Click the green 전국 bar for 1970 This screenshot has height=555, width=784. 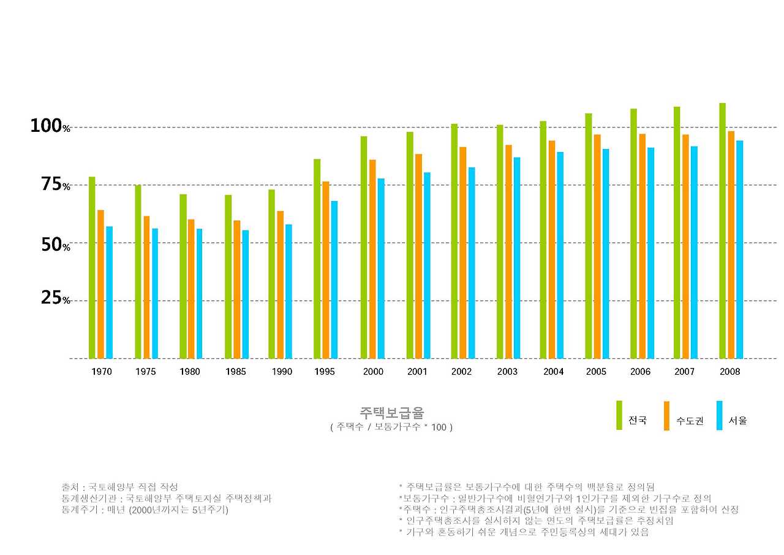92,267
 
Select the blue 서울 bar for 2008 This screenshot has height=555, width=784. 739,250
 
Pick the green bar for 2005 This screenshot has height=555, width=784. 589,236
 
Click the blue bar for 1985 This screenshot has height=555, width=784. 245,294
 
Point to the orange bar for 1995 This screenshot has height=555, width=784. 326,270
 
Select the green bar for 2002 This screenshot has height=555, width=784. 454,241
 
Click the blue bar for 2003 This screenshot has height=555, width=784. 517,258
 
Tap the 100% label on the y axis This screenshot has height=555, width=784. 51,126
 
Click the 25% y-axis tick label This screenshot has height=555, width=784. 55,299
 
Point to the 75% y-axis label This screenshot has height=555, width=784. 55,185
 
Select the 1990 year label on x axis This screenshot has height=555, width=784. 282,372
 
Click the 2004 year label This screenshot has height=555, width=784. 553,372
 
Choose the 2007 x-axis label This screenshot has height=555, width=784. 684,372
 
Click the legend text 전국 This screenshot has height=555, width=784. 637,421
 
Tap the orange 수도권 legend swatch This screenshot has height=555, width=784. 666,416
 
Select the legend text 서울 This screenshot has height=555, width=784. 737,421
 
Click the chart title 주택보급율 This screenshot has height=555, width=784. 391,412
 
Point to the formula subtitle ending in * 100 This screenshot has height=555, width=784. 391,427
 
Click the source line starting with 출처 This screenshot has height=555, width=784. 119,487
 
